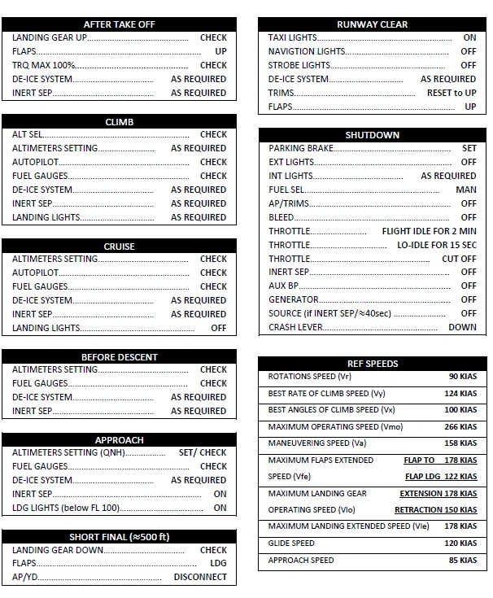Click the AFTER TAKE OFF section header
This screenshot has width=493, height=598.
[x=119, y=24]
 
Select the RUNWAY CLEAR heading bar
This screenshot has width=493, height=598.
[x=373, y=24]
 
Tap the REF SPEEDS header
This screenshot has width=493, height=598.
[x=373, y=364]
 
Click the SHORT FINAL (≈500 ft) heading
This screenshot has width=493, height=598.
[x=119, y=537]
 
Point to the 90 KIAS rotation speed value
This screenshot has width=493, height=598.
[x=462, y=377]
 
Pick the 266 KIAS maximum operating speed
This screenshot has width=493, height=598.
[x=460, y=427]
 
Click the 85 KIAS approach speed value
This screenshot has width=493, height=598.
[x=462, y=561]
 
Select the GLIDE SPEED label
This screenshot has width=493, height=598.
[x=291, y=543]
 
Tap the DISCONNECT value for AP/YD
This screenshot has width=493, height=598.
[x=200, y=578]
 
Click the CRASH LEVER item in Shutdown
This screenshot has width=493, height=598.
[x=296, y=327]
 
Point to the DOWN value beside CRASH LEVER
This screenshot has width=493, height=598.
[x=462, y=327]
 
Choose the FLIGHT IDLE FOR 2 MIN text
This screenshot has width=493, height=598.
[x=429, y=231]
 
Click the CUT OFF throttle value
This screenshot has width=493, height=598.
[x=459, y=259]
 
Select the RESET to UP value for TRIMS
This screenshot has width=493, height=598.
[x=452, y=93]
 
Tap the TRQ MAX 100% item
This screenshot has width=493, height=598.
[x=44, y=65]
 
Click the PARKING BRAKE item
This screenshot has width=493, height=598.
[x=300, y=148]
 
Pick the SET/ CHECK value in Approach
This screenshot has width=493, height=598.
[x=203, y=452]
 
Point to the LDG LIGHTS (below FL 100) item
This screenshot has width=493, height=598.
[x=66, y=508]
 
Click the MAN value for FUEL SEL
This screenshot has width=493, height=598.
[x=466, y=190]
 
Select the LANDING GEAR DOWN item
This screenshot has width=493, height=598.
[x=58, y=550]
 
